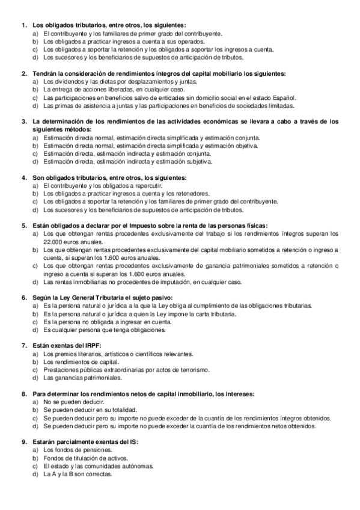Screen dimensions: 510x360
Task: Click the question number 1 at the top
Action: [23, 25]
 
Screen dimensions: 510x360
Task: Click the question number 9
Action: [23, 442]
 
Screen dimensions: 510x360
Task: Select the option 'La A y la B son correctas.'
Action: [78, 474]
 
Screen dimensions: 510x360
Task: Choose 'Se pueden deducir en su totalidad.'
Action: [90, 410]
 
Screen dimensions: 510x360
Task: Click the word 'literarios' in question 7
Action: [94, 354]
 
